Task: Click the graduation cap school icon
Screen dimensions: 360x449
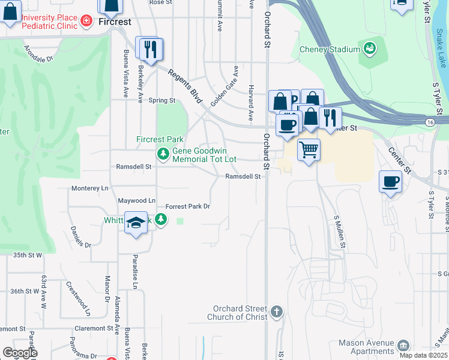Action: [136, 223]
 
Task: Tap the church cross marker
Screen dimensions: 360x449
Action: [276, 311]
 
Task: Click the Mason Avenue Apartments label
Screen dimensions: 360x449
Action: [367, 347]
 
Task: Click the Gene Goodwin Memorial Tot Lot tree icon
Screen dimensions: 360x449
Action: [163, 154]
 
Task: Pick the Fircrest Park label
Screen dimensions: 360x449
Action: [159, 139]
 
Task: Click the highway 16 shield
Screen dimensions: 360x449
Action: [431, 122]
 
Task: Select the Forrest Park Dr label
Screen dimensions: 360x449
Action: [188, 206]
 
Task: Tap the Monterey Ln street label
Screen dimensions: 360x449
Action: [89, 188]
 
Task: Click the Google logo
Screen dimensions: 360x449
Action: [20, 353]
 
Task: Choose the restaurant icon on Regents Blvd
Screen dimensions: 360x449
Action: [151, 49]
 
